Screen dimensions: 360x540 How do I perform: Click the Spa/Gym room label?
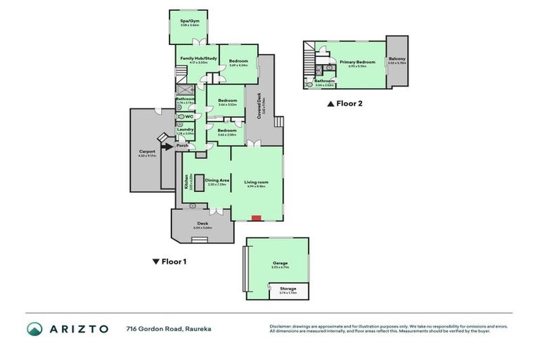coord(188,22)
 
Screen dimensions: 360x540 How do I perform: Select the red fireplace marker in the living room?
coord(257,217)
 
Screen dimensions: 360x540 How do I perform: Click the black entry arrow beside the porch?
coord(167,146)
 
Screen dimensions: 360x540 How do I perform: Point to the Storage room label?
coord(288,288)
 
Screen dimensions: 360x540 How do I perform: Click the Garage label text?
coord(280,264)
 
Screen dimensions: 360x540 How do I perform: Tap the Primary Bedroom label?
coord(352,62)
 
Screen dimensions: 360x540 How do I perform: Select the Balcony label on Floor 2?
coord(397,60)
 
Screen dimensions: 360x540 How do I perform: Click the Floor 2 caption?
coord(345,103)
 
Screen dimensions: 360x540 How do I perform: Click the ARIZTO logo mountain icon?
coord(34,328)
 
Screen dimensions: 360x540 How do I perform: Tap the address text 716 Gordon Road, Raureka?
coord(168,328)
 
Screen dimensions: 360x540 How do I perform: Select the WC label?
coord(189,117)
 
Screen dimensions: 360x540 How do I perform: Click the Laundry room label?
coord(186,129)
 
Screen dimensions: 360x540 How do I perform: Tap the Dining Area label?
coord(217,180)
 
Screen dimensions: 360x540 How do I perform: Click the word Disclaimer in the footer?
coord(281,326)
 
